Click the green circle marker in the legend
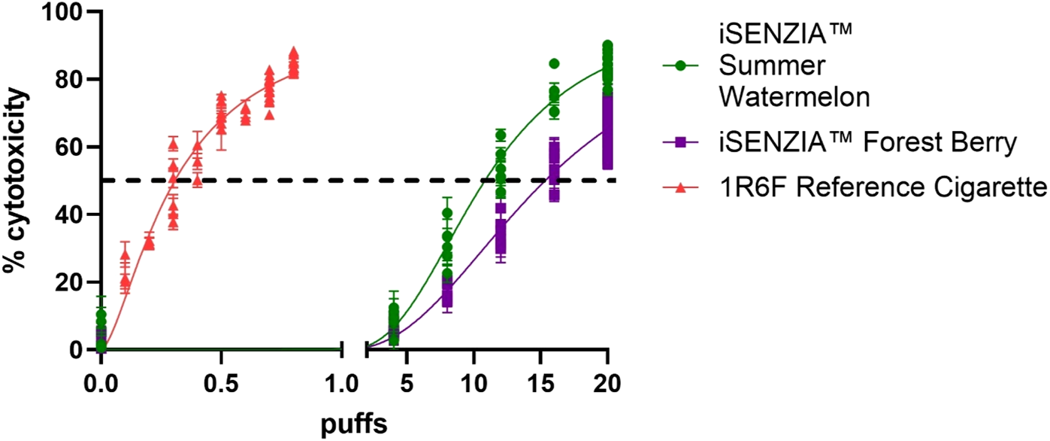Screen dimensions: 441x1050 681,66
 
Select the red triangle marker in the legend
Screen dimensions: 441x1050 681,185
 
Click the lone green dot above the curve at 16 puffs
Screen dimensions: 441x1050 554,63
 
